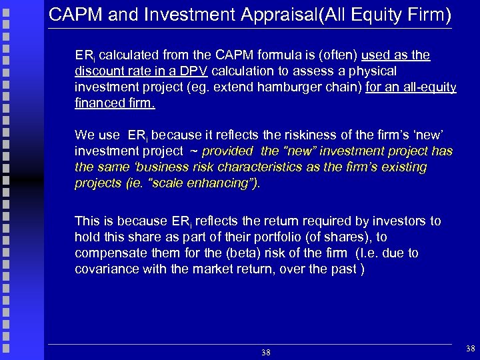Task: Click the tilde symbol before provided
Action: [x=195, y=151]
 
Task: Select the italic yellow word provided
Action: [x=229, y=151]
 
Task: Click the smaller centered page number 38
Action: [x=265, y=351]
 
